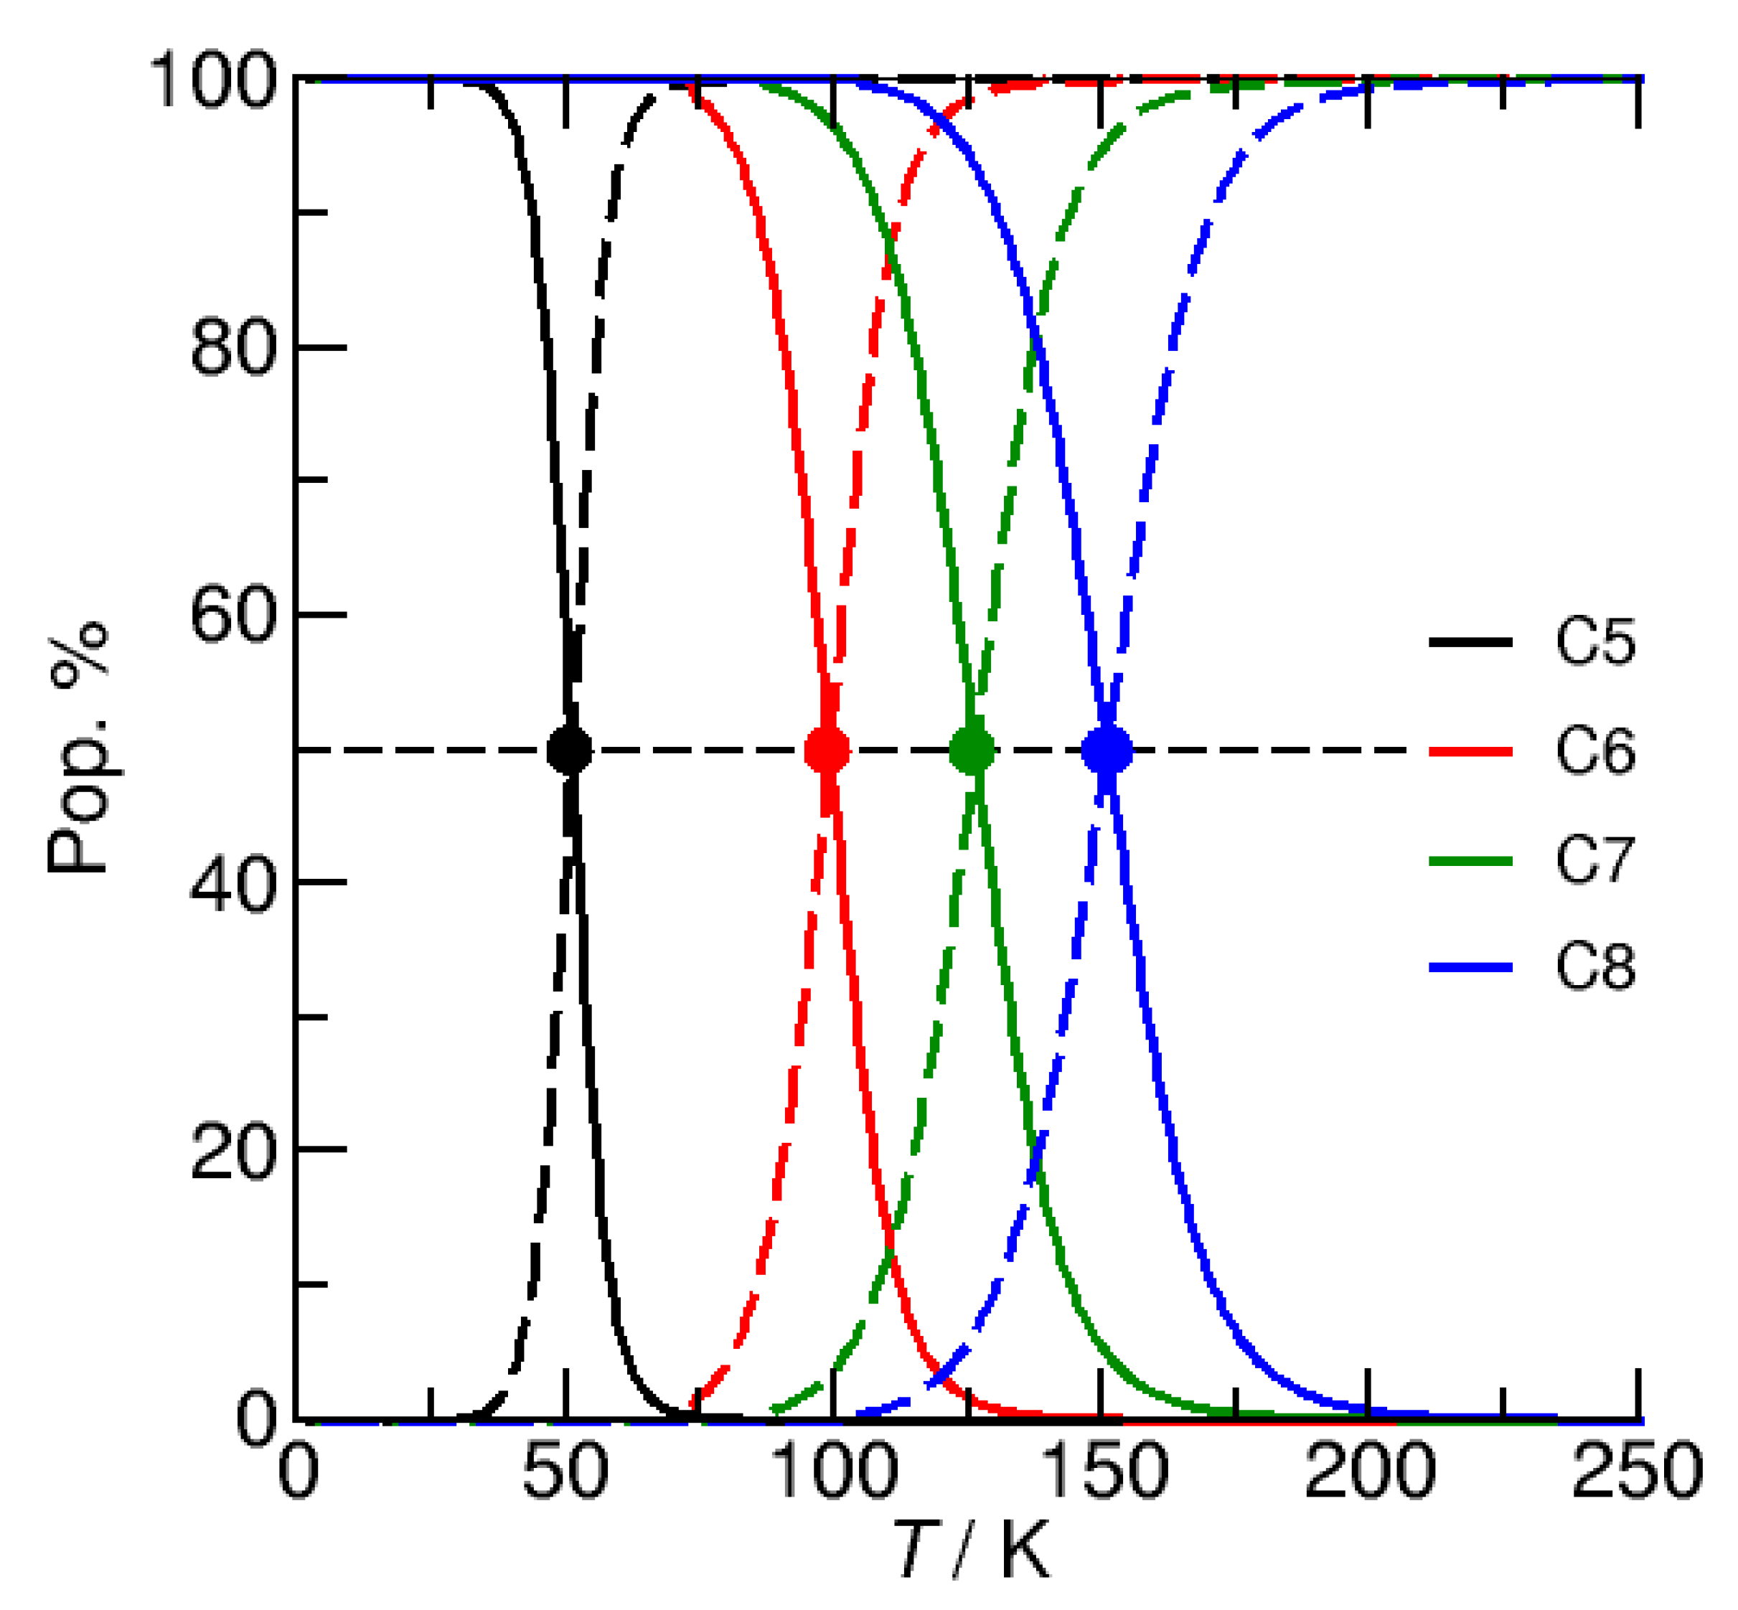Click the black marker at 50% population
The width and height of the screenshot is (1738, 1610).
click(569, 750)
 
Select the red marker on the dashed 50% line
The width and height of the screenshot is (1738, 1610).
click(827, 750)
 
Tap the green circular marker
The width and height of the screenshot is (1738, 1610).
click(972, 750)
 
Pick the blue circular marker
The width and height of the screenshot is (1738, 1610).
click(1107, 750)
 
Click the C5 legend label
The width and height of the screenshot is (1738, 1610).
click(1595, 643)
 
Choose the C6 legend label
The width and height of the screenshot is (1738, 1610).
click(1595, 750)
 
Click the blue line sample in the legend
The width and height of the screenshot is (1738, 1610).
click(1470, 967)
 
